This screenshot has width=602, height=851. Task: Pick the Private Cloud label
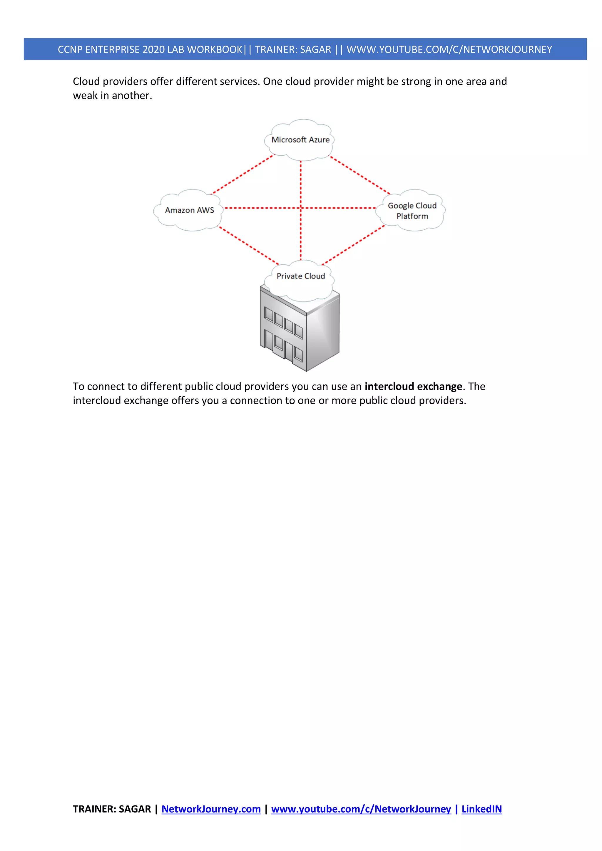point(300,276)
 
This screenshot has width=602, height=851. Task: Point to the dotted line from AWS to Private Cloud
point(248,245)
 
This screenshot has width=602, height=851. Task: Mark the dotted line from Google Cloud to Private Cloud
point(353,245)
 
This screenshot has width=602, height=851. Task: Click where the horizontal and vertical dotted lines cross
point(301,208)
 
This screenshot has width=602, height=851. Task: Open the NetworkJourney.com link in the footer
point(211,809)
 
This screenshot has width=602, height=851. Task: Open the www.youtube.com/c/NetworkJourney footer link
point(361,809)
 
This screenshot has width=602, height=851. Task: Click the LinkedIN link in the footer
point(481,809)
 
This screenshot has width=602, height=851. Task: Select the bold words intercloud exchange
point(413,387)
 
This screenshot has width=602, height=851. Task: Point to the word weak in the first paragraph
point(85,96)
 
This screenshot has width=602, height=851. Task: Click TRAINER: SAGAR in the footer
point(112,809)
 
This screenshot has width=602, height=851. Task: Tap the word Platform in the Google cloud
point(412,216)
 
